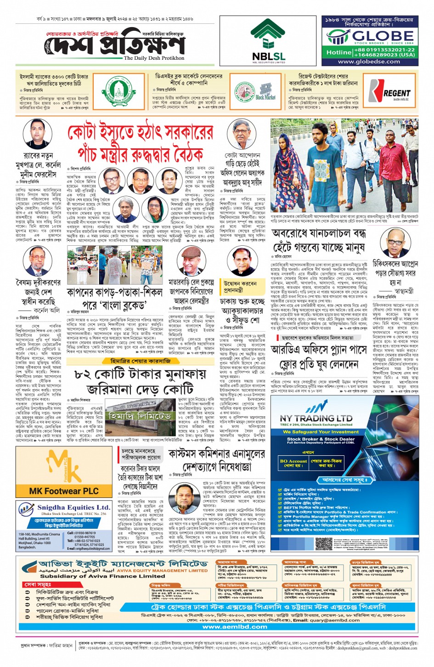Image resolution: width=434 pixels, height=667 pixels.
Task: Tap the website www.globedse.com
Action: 369,62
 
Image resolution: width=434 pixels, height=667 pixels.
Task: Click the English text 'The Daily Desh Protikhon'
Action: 154,58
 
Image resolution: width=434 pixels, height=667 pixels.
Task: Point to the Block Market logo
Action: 265,97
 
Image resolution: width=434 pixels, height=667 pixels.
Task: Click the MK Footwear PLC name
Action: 64,491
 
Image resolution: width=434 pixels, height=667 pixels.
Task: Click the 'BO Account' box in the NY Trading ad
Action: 293,461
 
